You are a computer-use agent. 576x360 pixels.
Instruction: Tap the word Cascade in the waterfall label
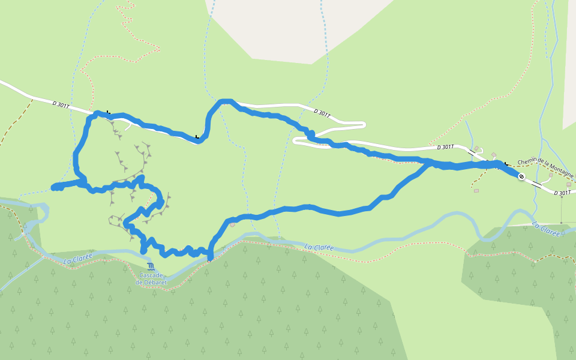pyautogui.click(x=150, y=275)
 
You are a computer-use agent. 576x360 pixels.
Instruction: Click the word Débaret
pyautogui.click(x=151, y=282)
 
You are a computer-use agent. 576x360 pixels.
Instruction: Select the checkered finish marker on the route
pyautogui.click(x=521, y=176)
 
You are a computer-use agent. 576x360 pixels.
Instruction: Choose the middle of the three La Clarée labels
pyautogui.click(x=319, y=247)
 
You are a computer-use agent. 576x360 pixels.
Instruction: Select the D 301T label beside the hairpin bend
pyautogui.click(x=322, y=113)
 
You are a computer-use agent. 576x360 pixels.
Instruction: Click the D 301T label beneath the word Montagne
pyautogui.click(x=563, y=193)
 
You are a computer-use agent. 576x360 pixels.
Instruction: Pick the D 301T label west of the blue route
pyautogui.click(x=61, y=105)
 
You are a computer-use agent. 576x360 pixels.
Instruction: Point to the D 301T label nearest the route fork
pyautogui.click(x=446, y=147)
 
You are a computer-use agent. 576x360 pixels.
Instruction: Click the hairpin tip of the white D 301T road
pyautogui.click(x=364, y=125)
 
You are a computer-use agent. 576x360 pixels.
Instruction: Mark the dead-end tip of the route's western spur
pyautogui.click(x=53, y=188)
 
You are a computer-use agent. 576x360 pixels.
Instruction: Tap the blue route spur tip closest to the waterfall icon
pyautogui.click(x=143, y=251)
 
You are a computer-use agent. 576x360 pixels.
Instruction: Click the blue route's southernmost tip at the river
pyautogui.click(x=210, y=260)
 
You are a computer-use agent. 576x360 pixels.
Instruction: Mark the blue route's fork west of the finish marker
pyautogui.click(x=430, y=162)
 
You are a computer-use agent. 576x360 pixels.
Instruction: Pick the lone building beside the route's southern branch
pyautogui.click(x=232, y=225)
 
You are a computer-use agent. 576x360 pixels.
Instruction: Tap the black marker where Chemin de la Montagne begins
pyautogui.click(x=506, y=163)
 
